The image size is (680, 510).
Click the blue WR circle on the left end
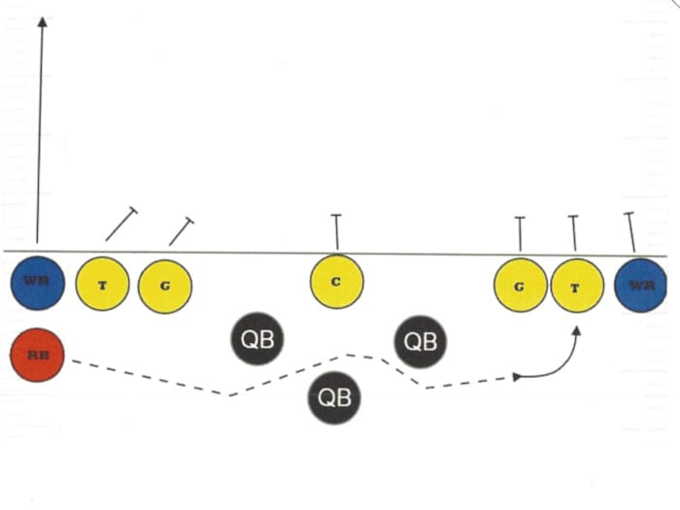pyautogui.click(x=37, y=283)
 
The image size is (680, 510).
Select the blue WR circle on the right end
pyautogui.click(x=640, y=286)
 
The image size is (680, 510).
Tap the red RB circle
pyautogui.click(x=37, y=355)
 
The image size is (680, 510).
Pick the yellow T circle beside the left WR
pyautogui.click(x=102, y=284)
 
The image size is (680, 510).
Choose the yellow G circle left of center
pyautogui.click(x=165, y=287)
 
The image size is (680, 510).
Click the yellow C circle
pyautogui.click(x=336, y=282)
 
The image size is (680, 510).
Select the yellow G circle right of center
pyautogui.click(x=521, y=285)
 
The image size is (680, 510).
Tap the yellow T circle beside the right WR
pyautogui.click(x=577, y=286)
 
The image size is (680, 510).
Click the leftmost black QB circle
pyautogui.click(x=257, y=338)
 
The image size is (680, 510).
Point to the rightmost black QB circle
pyautogui.click(x=421, y=341)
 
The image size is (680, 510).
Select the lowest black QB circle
pyautogui.click(x=334, y=397)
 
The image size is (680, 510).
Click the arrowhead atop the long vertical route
pyautogui.click(x=42, y=21)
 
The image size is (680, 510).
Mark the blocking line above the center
pyautogui.click(x=336, y=232)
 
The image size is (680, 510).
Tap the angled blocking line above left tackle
pyautogui.click(x=121, y=223)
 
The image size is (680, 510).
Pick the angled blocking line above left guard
pyautogui.click(x=182, y=231)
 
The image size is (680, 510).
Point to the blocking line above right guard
pyautogui.click(x=520, y=234)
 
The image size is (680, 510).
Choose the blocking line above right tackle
pyautogui.click(x=574, y=233)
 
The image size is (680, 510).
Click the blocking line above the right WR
pyautogui.click(x=631, y=232)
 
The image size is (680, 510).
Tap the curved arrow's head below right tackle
pyautogui.click(x=576, y=331)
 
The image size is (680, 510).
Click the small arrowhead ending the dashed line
pyautogui.click(x=517, y=377)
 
